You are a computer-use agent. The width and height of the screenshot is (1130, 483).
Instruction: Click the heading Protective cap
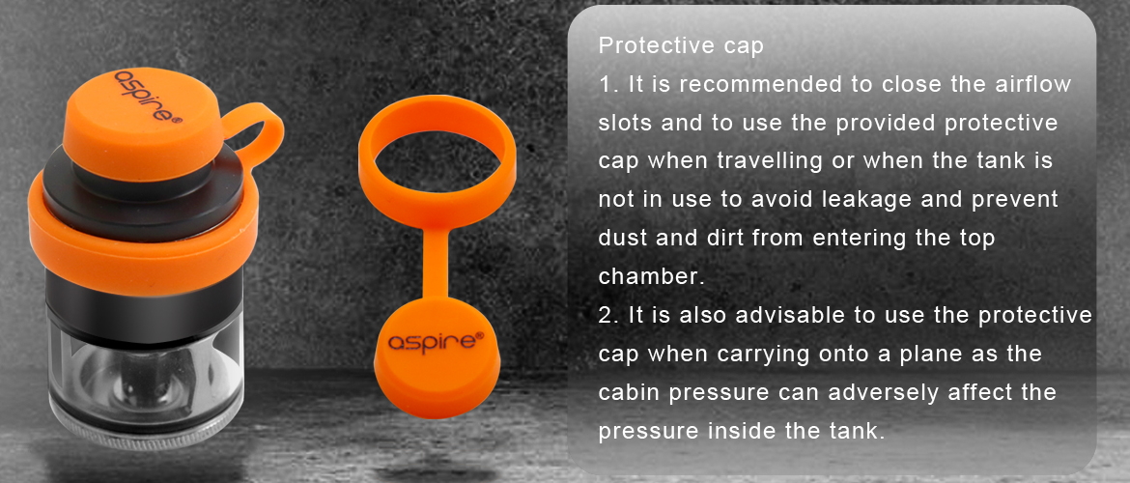pyautogui.click(x=680, y=46)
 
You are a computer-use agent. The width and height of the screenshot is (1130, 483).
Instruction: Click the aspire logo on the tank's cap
pyautogui.click(x=145, y=94)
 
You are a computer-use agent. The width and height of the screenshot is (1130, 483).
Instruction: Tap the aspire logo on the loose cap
pyautogui.click(x=436, y=339)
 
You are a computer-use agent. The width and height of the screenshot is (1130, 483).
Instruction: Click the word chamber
pyautogui.click(x=651, y=277)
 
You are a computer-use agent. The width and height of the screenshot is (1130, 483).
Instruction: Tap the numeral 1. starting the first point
pyautogui.click(x=609, y=84)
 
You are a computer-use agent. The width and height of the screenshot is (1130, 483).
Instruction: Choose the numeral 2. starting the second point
pyautogui.click(x=609, y=316)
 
